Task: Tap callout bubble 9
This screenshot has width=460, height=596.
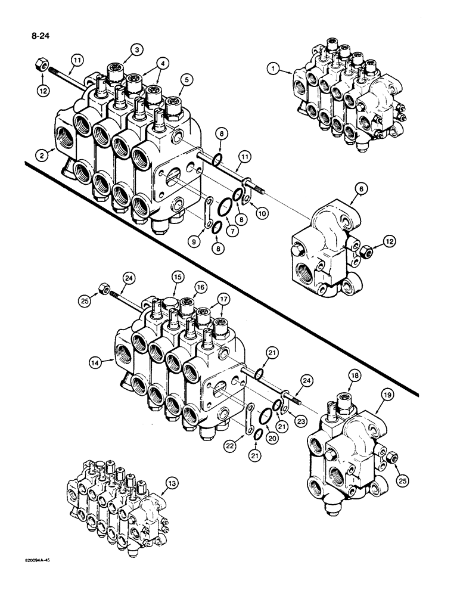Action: (194, 241)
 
